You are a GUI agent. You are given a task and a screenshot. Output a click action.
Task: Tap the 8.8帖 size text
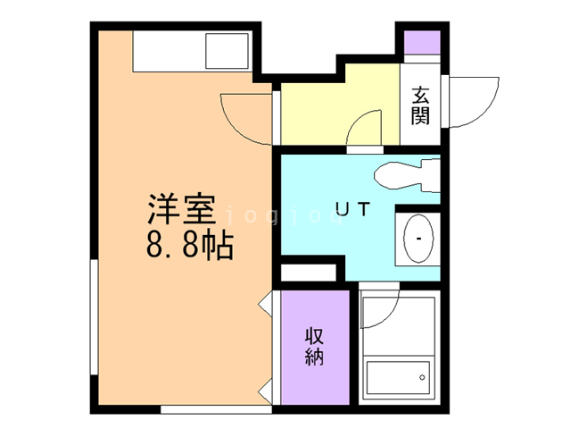point(189,243)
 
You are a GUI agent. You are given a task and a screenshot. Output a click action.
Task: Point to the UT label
point(352,210)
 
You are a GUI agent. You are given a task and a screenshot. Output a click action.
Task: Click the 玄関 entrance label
point(420,105)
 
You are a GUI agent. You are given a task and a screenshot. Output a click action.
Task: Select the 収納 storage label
point(315,348)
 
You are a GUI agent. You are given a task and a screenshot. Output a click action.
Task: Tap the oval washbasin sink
point(417,240)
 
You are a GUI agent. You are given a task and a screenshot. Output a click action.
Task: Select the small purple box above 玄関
point(421,42)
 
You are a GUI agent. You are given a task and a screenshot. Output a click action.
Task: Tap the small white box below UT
point(307,272)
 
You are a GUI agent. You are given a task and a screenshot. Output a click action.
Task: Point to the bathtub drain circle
point(419,379)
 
